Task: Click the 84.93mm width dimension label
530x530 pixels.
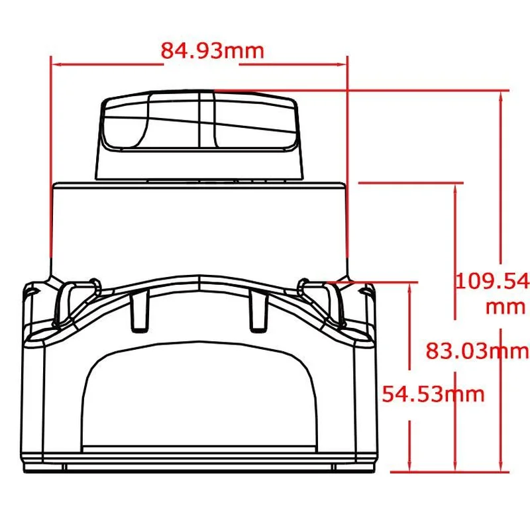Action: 212,51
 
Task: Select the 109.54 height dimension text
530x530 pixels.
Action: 493,281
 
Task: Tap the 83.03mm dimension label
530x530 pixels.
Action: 477,350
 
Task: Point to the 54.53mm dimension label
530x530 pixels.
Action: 433,394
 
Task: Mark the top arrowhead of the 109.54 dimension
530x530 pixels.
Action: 501,95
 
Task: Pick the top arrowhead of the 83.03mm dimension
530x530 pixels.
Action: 455,188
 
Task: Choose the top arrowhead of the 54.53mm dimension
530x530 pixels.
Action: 410,288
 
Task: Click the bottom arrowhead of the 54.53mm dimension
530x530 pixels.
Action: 410,467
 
